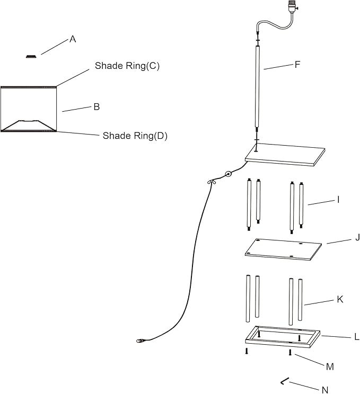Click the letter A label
click(73, 39)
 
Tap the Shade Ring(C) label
click(127, 66)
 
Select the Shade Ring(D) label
click(135, 136)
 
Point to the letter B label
click(96, 106)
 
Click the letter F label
click(297, 65)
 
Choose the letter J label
click(343, 238)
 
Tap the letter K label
click(340, 299)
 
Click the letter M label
click(330, 366)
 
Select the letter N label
click(325, 390)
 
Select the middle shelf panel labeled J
click(284, 248)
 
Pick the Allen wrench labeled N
click(285, 381)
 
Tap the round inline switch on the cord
click(229, 174)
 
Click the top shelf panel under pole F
click(285, 154)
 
